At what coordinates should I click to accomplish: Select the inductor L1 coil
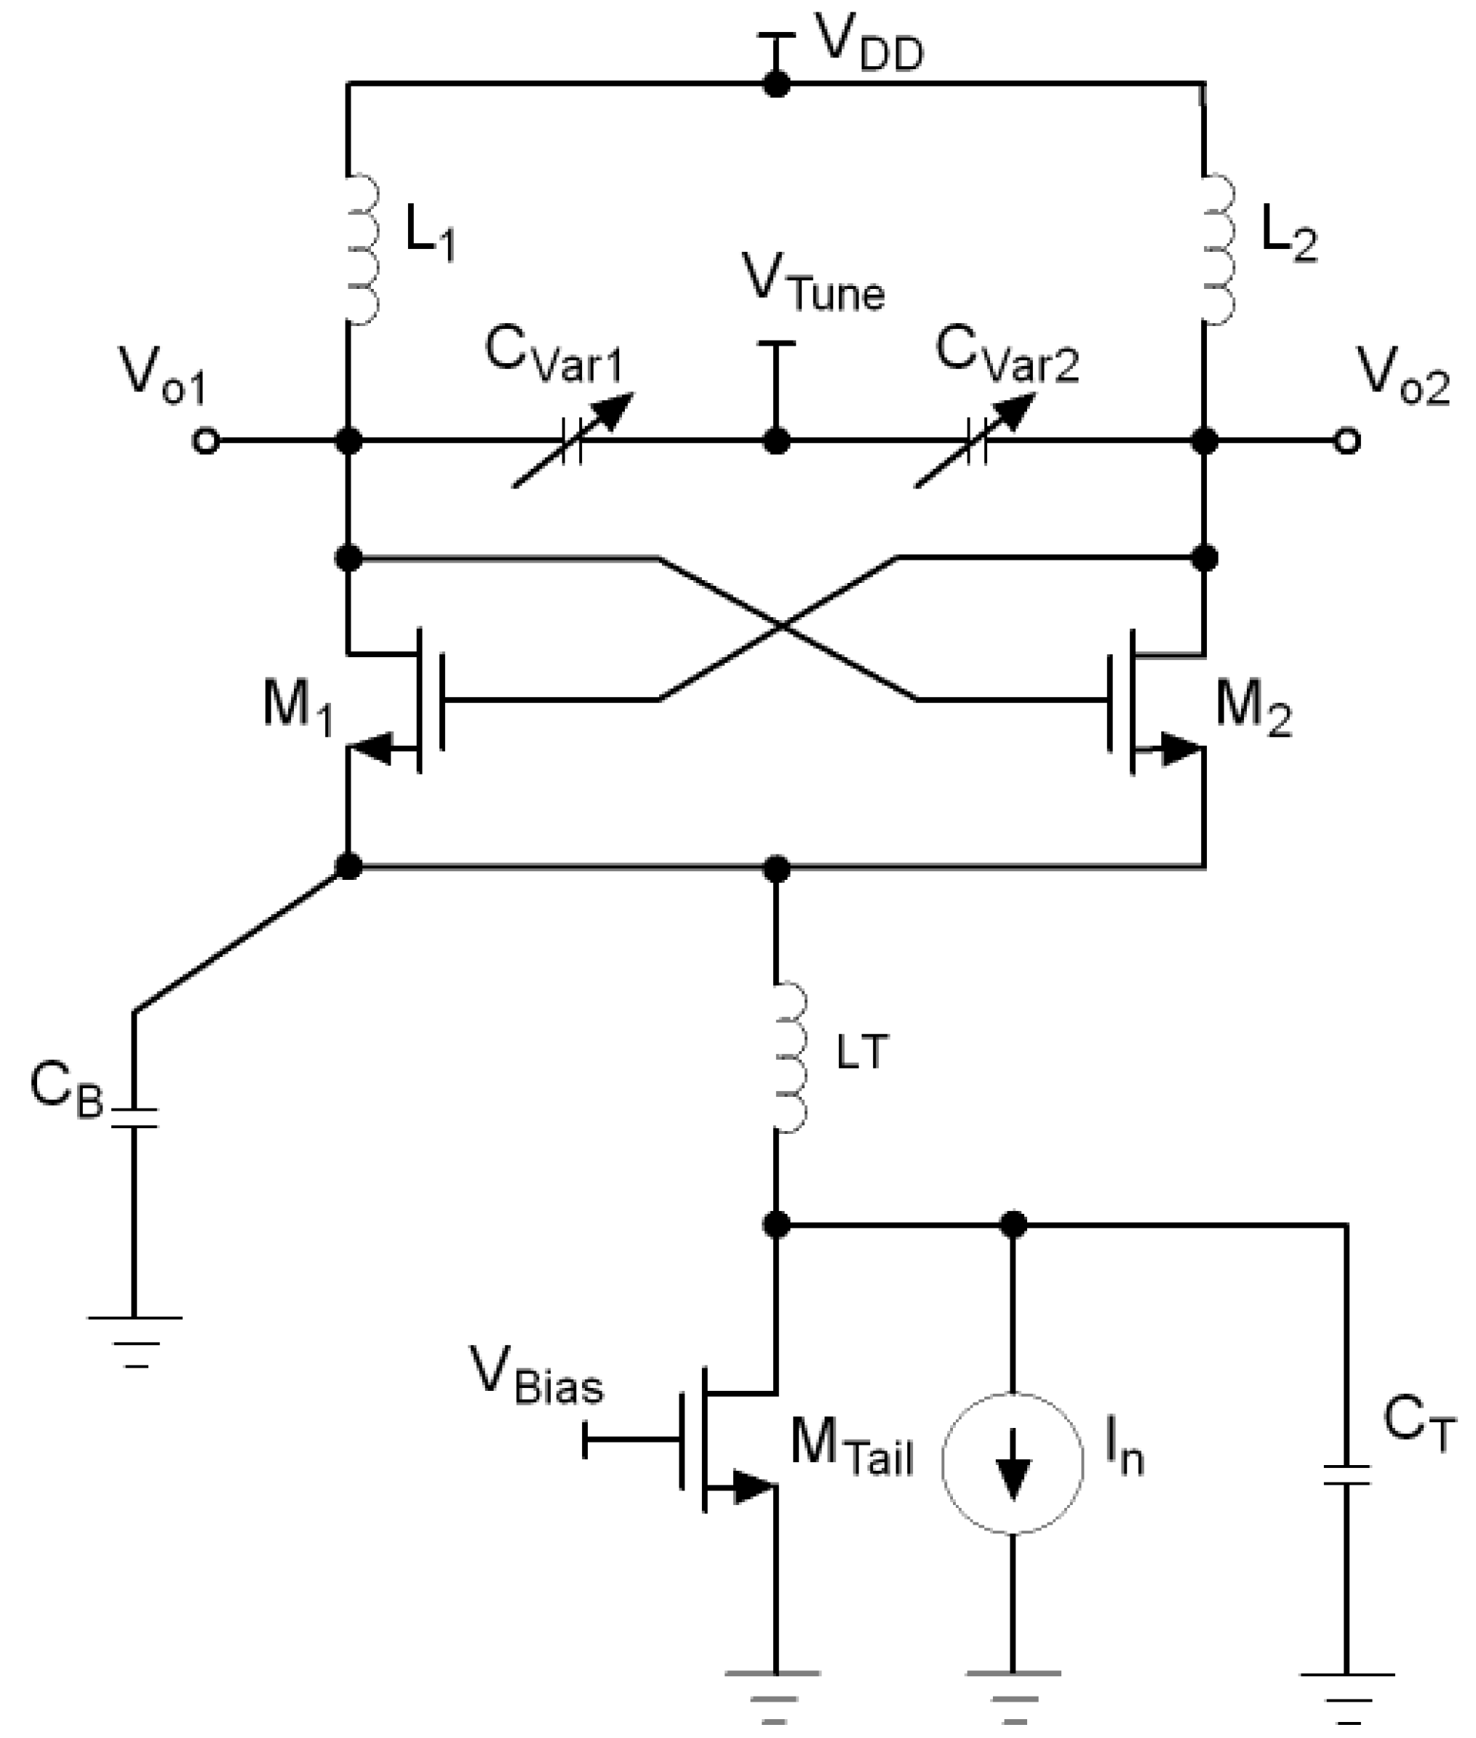click(362, 249)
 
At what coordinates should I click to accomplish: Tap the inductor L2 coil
click(1218, 249)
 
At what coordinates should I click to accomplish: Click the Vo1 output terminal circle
click(206, 440)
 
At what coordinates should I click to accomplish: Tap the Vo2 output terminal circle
click(1347, 440)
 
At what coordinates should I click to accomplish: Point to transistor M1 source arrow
click(372, 747)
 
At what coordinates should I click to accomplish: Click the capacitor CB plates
click(134, 1119)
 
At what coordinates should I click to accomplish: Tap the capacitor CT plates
click(1347, 1475)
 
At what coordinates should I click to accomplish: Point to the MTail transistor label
click(851, 1446)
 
